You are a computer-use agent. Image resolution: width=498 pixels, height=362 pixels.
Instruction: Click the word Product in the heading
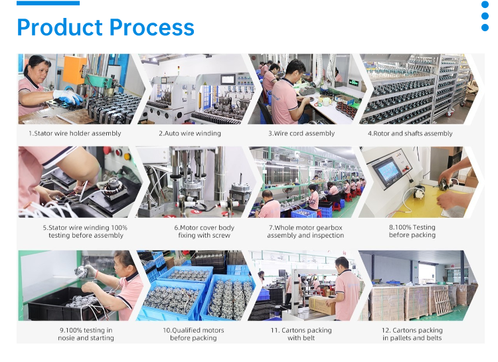pyautogui.click(x=60, y=27)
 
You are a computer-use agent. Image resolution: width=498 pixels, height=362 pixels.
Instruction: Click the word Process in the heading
pyautogui.click(x=152, y=27)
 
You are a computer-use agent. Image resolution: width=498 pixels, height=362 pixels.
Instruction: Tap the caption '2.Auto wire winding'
pyautogui.click(x=190, y=134)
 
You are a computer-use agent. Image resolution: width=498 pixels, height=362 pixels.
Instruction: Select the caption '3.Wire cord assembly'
pyautogui.click(x=301, y=134)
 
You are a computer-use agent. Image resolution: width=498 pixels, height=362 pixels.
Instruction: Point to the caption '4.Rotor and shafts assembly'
pyautogui.click(x=410, y=134)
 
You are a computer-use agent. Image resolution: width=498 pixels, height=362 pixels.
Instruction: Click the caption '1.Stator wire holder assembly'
pyautogui.click(x=75, y=134)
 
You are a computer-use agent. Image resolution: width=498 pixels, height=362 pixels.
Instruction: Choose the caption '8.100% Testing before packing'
pyautogui.click(x=412, y=231)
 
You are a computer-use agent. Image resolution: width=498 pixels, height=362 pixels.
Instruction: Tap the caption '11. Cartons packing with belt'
pyautogui.click(x=301, y=334)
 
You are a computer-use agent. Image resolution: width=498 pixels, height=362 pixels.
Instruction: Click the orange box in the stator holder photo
pyautogui.click(x=74, y=70)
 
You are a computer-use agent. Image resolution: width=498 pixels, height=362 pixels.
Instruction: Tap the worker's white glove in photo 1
pyautogui.click(x=68, y=96)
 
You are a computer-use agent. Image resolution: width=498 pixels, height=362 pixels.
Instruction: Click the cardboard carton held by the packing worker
pyautogui.click(x=322, y=305)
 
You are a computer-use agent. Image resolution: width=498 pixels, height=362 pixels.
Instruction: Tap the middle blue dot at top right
pyautogui.click(x=485, y=16)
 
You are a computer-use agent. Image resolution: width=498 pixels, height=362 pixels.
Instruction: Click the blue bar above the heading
pyautogui.click(x=48, y=3)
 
